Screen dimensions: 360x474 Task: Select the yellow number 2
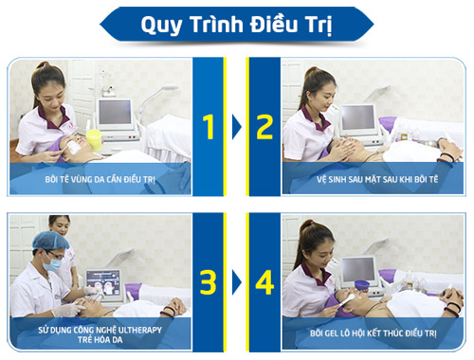pyautogui.click(x=264, y=127)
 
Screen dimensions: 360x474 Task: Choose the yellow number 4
pyautogui.click(x=264, y=281)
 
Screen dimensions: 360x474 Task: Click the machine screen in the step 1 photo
pyautogui.click(x=116, y=113)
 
